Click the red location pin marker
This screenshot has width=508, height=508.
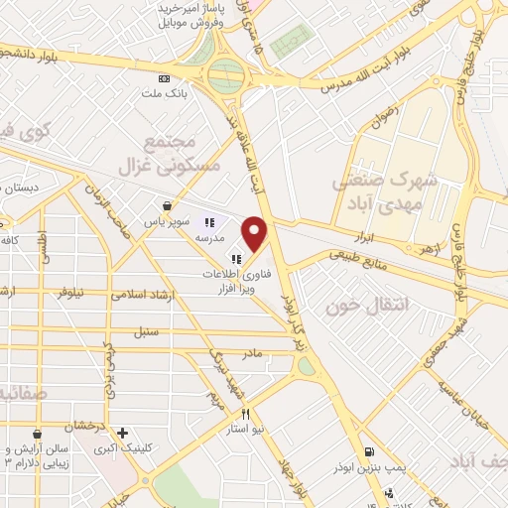256,234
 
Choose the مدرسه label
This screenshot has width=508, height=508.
209,238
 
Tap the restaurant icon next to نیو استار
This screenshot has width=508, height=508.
244,414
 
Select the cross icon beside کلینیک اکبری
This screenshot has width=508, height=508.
122,433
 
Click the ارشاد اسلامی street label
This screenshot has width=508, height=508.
144,295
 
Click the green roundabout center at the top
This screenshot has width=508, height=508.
226,72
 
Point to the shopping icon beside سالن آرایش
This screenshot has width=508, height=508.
37,434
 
